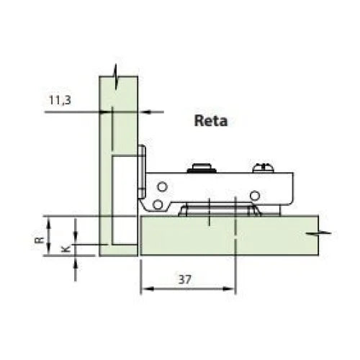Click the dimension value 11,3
pyautogui.click(x=60, y=102)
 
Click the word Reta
pyautogui.click(x=210, y=121)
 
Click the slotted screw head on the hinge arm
pyautogui.click(x=262, y=170)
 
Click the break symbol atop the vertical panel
pyautogui.click(x=117, y=73)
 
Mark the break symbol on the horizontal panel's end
pyautogui.click(x=322, y=234)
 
